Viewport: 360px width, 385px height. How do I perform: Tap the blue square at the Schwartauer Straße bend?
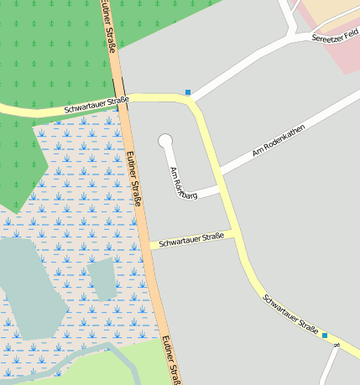(x=188, y=92)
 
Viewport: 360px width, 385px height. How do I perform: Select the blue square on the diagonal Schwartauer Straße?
(x=325, y=335)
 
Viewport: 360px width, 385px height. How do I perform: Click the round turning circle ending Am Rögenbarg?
(x=165, y=141)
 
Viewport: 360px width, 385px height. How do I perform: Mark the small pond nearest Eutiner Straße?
(x=103, y=278)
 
